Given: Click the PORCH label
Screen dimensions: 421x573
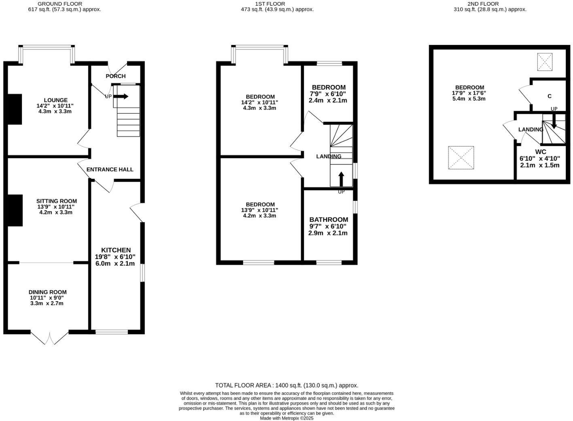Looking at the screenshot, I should tap(116, 76).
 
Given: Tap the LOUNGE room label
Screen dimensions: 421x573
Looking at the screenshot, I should tap(55, 100).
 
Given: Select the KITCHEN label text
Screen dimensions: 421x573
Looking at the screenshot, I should tap(116, 250).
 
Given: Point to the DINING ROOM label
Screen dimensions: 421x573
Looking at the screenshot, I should tap(47, 292).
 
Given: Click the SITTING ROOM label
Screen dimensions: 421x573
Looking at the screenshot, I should tap(56, 201).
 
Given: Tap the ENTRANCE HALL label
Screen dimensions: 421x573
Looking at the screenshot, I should tap(110, 169).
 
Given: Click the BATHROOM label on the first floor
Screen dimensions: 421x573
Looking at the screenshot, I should tap(329, 219).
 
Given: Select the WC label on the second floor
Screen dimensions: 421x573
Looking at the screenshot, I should tap(541, 152).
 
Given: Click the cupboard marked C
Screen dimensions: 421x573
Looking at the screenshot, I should tap(549, 96).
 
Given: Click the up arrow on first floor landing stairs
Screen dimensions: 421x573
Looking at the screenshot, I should tap(341, 179).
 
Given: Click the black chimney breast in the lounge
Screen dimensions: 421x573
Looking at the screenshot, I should tap(15, 109).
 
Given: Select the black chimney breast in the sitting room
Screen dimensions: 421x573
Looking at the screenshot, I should tap(15, 210).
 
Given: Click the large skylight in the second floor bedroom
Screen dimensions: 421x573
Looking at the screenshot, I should tap(461, 157).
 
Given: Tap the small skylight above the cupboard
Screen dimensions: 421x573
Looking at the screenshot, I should tap(544, 62).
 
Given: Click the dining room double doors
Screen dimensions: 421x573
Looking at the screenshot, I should tap(49, 338).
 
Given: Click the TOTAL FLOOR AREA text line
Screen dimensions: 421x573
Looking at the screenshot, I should tap(286, 385).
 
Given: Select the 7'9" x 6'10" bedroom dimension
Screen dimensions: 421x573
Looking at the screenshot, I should tap(328, 94).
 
